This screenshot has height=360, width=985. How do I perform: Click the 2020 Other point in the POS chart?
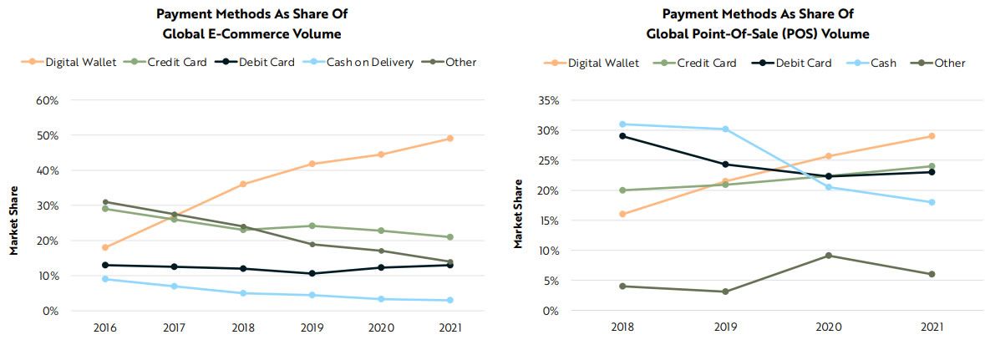tap(828, 256)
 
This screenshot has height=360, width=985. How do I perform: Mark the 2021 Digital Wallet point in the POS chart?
tap(931, 136)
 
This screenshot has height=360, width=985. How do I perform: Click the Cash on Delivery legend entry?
tap(364, 62)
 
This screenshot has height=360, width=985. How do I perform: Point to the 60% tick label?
tap(46, 100)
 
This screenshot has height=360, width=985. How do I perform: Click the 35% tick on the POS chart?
tap(548, 100)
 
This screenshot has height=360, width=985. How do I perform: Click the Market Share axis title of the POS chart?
tap(518, 213)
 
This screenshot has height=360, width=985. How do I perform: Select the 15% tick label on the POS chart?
tap(548, 221)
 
